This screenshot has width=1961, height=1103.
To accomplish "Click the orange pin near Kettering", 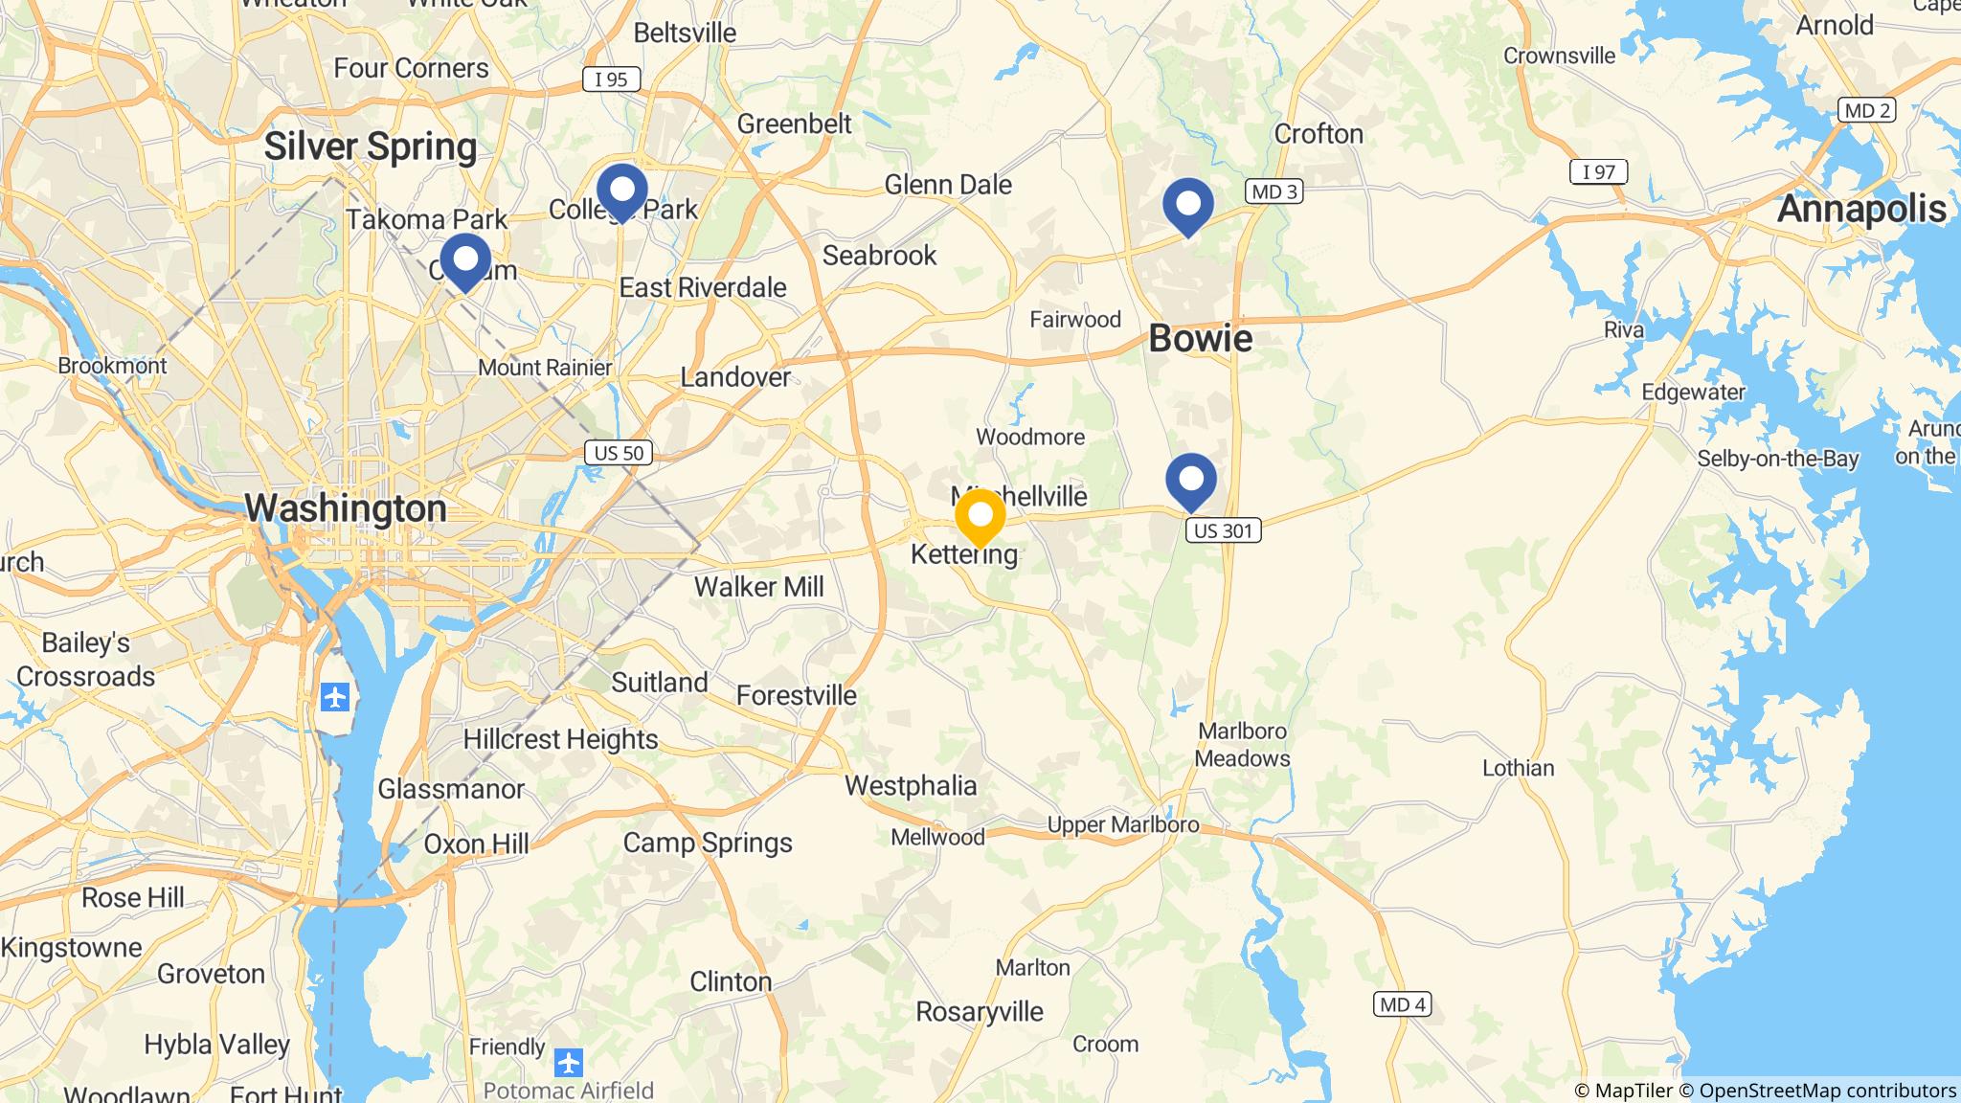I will (x=980, y=517).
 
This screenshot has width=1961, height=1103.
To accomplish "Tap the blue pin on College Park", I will (x=621, y=191).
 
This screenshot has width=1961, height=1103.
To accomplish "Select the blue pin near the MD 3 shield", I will (x=1187, y=205).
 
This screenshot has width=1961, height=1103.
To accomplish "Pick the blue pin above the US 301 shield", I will (x=1190, y=479).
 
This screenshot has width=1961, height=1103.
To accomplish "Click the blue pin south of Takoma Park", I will (x=465, y=259).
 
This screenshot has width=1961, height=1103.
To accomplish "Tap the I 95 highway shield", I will (x=611, y=79).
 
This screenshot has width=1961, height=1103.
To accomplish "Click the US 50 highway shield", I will (x=619, y=452).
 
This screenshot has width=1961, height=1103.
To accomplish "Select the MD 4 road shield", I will (x=1403, y=1004).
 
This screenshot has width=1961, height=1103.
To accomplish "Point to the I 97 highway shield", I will (x=1598, y=172).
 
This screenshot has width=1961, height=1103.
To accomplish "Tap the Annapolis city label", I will (x=1861, y=209).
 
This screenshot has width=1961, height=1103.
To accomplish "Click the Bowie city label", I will (x=1200, y=339).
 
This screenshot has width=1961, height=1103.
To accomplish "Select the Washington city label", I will (x=346, y=507).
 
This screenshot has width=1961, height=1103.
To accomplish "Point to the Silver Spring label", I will (x=371, y=146).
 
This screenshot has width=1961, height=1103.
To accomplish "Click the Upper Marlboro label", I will (x=1122, y=824).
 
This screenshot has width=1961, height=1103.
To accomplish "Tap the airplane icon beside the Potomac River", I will (x=335, y=696).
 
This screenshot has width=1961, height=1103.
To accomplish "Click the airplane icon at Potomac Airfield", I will (x=569, y=1062).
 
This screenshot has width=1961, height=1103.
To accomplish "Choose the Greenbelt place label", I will (x=794, y=124).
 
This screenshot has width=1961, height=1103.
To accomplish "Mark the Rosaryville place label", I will (x=980, y=1011).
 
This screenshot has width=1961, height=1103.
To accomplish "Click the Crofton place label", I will (x=1319, y=134).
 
